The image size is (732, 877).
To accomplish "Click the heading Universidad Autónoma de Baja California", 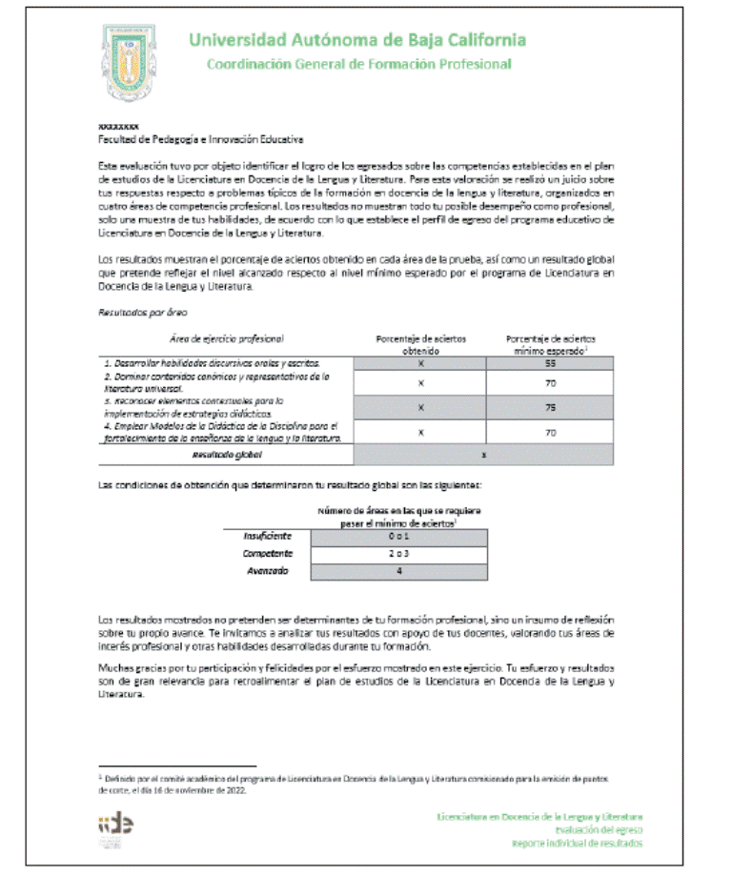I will (356, 40).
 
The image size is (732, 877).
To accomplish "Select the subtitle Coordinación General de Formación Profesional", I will (358, 64).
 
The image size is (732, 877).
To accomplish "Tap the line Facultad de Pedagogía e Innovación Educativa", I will (200, 138).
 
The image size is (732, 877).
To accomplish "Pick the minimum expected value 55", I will (549, 364).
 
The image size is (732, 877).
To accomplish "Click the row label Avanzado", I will (266, 571).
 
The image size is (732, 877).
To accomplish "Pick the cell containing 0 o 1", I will (399, 538).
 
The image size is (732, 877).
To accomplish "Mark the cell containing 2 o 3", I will (399, 554).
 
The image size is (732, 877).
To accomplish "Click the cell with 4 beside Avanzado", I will (399, 571).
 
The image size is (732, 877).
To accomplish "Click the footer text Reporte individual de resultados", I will (578, 844).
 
